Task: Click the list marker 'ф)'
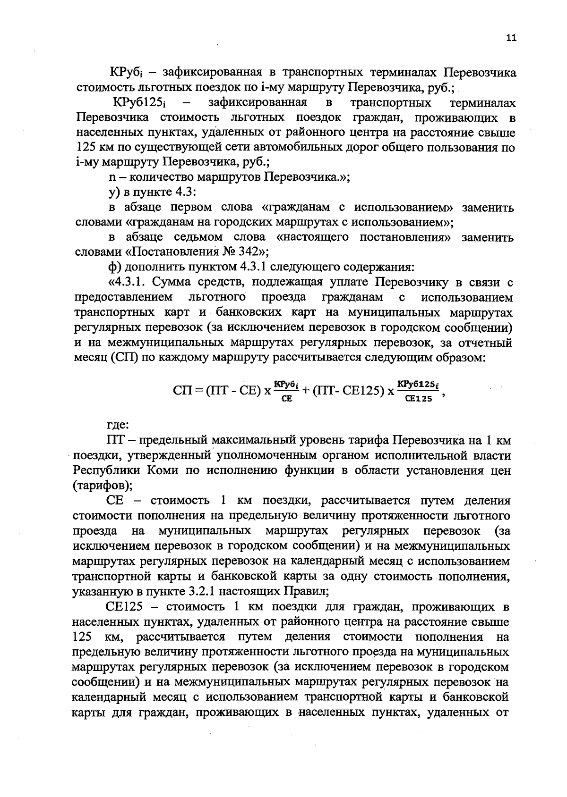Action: coord(113,267)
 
